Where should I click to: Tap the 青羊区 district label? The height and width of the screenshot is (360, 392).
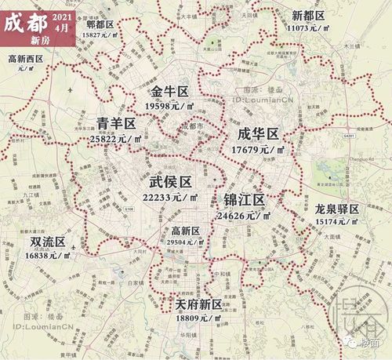[117, 123]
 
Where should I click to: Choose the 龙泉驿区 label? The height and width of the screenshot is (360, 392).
[336, 209]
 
